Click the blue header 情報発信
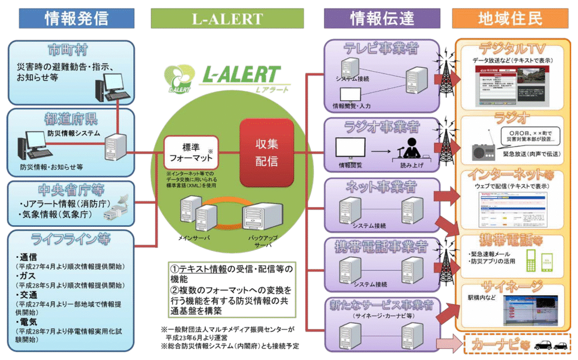pos(76,18)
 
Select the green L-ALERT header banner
pos(227,18)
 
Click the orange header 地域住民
pos(510,18)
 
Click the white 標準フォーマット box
pos(186,152)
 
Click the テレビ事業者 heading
pos(382,49)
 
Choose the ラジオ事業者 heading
pos(382,125)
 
